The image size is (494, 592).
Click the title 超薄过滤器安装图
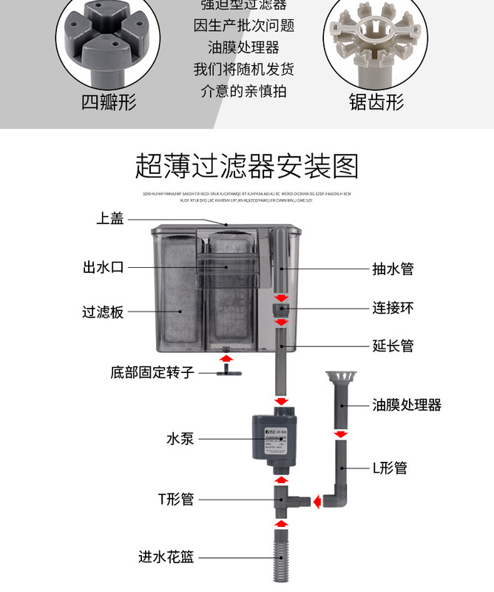tap(246, 166)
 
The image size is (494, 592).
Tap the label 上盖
tap(110, 218)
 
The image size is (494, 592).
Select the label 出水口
tap(103, 267)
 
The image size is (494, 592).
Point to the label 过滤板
tap(103, 312)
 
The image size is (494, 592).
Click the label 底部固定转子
tap(152, 371)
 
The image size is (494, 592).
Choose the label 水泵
tap(180, 438)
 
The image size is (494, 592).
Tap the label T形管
tap(176, 499)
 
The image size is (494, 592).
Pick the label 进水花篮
tap(166, 556)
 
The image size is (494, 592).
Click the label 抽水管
tap(393, 268)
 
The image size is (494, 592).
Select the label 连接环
tap(393, 307)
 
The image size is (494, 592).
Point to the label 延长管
tap(393, 345)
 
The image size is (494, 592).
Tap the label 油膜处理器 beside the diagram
tap(406, 405)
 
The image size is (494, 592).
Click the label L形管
tap(389, 468)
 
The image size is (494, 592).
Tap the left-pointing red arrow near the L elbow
tap(316, 502)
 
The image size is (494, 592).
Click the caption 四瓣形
tap(109, 101)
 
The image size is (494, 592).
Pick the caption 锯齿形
tap(376, 101)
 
